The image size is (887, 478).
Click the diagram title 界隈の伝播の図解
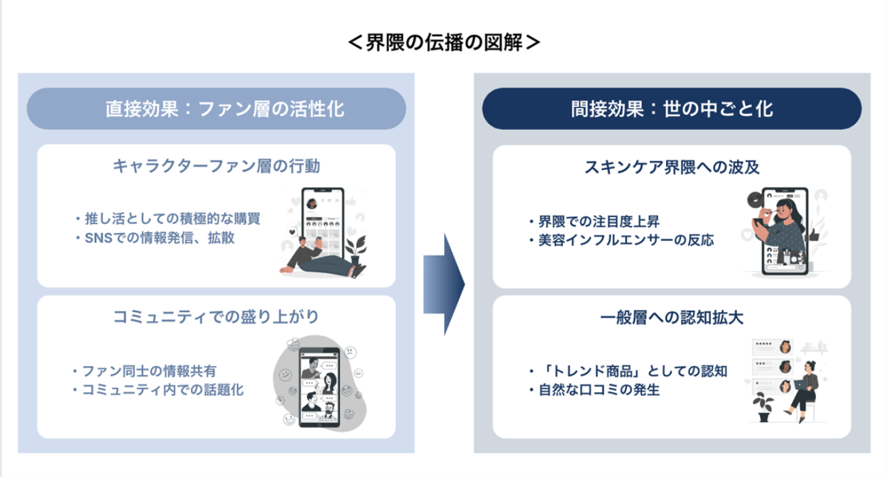point(443,42)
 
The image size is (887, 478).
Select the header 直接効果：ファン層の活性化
point(216,109)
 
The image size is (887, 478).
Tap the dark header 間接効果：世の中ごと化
point(671,109)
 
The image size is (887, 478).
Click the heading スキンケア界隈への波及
point(671,167)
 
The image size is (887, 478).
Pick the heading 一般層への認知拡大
point(671,317)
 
